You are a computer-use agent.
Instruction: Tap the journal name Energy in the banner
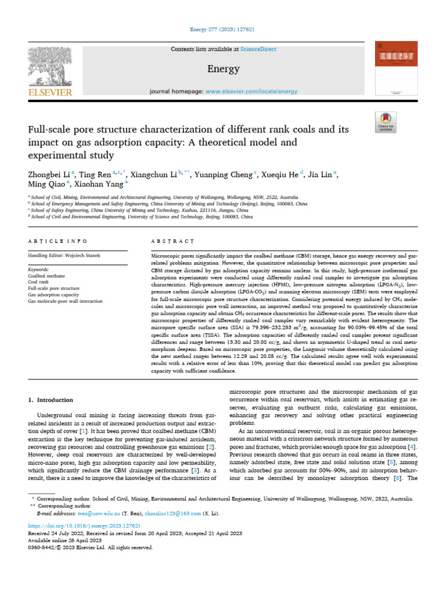pos(223,69)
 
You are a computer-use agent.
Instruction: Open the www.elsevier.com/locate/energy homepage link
pos(251,91)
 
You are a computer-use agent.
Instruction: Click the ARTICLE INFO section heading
pos(57,241)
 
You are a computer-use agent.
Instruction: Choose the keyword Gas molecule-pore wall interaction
pos(65,302)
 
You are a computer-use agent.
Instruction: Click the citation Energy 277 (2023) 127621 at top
pos(223,29)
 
